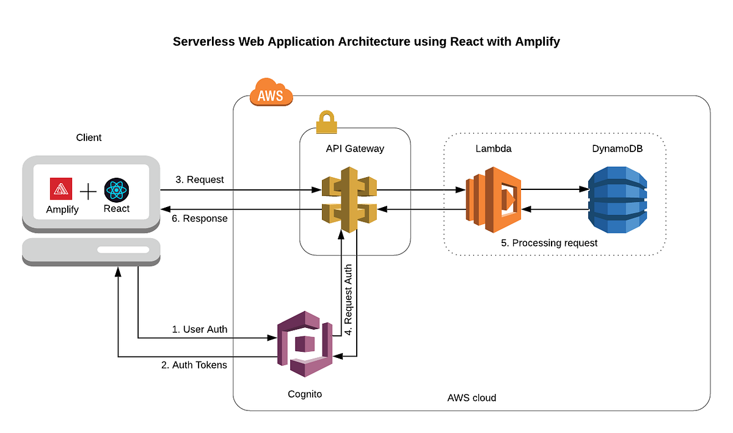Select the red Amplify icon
(62, 189)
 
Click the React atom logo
(116, 190)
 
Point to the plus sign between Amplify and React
(89, 192)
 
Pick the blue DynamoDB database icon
(616, 199)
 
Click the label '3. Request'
(199, 180)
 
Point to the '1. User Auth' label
(199, 329)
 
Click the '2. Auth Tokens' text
(194, 365)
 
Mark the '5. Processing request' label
(549, 242)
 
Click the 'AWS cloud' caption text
(472, 398)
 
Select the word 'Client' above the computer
(89, 137)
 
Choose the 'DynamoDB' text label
(617, 148)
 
